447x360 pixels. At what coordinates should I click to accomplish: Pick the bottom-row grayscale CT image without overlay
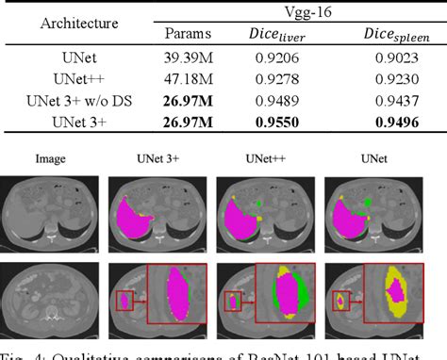point(52,301)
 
